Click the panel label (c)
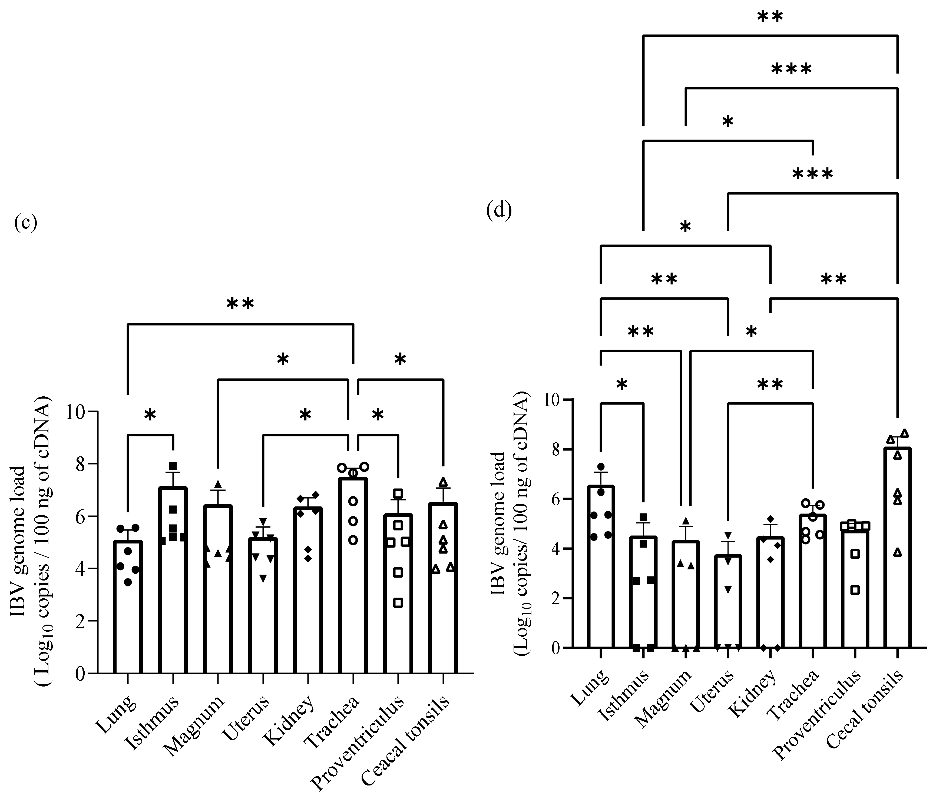tap(26, 223)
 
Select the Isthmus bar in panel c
tap(173, 583)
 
